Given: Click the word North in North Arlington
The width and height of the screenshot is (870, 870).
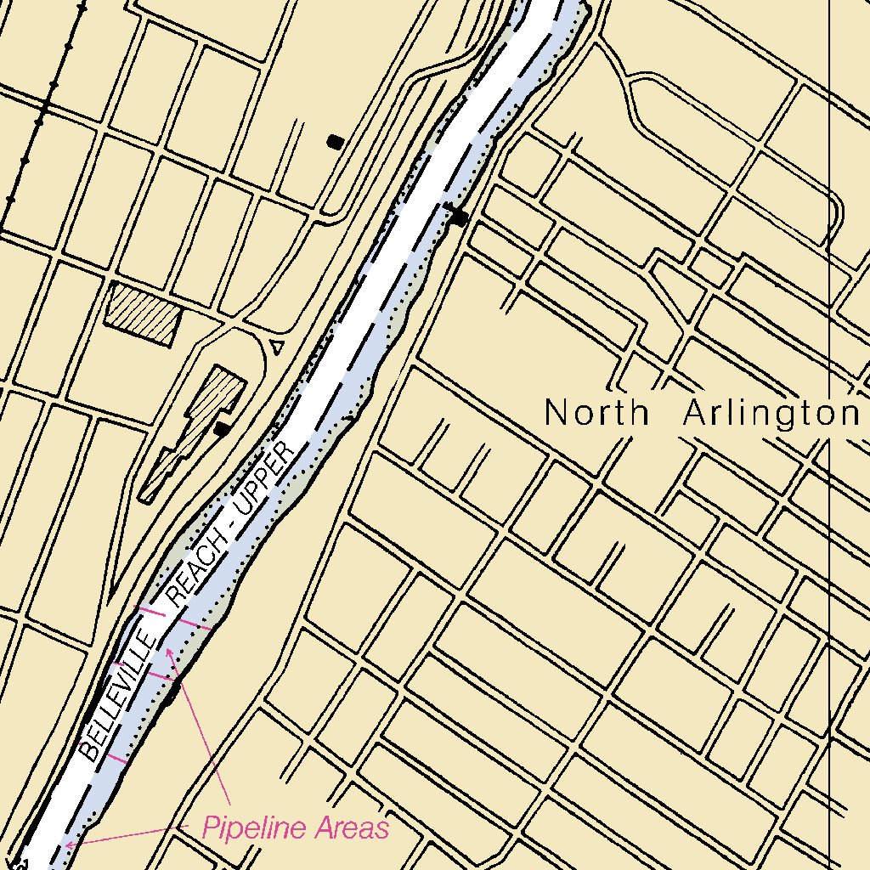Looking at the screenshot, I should tap(596, 413).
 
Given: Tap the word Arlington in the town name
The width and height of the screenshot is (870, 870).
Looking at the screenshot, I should tap(771, 414).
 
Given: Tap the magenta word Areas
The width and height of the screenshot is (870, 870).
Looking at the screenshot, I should tap(350, 828).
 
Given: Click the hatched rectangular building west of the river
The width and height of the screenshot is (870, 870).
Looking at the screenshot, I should tap(143, 314).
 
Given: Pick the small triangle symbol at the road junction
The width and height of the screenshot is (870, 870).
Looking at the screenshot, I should tap(275, 346).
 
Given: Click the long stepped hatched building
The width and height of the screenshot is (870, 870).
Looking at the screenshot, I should tap(194, 429).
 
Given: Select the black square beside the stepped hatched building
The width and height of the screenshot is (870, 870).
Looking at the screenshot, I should tap(222, 429).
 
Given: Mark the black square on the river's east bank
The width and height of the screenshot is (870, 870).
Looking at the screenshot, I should tap(460, 217).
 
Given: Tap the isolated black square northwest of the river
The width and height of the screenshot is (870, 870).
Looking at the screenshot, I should tap(336, 142).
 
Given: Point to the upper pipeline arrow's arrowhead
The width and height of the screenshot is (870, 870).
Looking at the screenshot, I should tap(168, 651).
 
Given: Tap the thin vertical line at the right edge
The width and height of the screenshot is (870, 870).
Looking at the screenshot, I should tap(829, 425).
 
